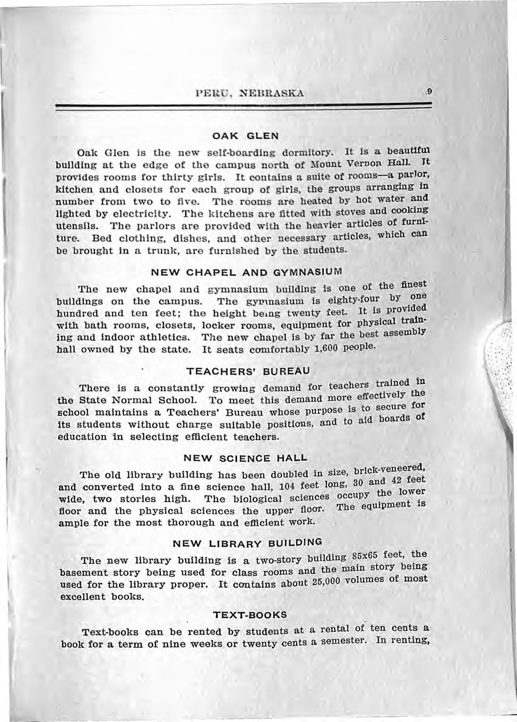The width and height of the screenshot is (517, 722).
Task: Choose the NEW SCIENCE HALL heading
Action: click(245, 458)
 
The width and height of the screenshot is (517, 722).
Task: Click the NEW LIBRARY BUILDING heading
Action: click(248, 544)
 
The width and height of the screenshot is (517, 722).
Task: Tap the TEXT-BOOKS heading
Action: click(249, 615)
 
